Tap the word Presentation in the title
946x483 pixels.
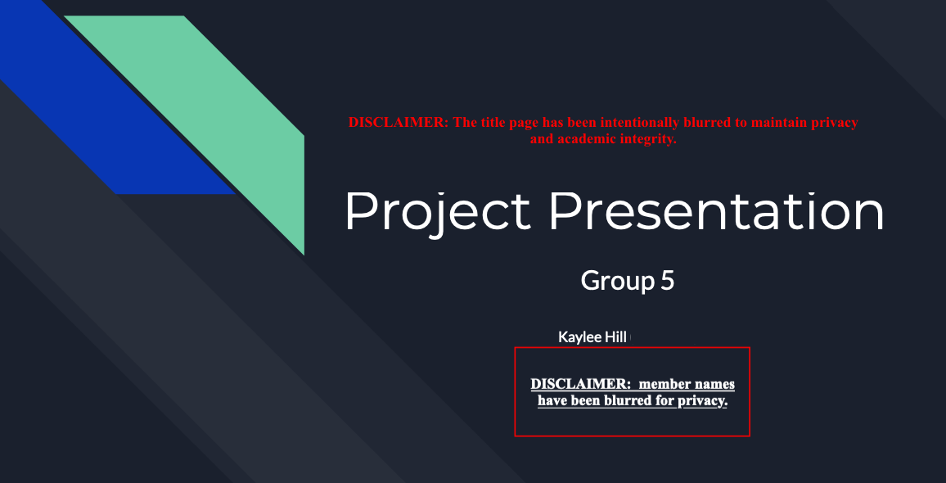(x=716, y=210)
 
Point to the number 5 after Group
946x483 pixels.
(x=667, y=281)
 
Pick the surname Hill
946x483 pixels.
(x=615, y=337)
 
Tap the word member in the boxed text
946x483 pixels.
(x=664, y=384)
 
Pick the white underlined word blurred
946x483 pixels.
(x=651, y=401)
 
